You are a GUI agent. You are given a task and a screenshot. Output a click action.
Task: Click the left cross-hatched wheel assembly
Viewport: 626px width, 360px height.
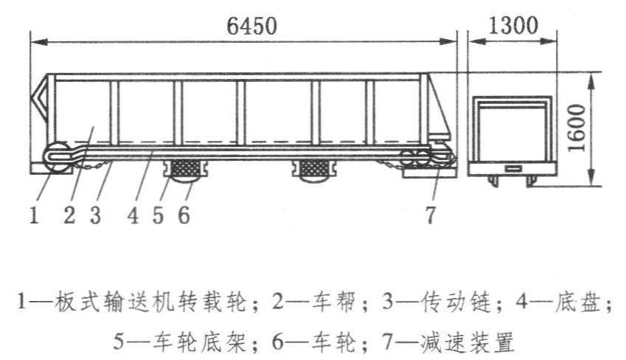click(x=185, y=170)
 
